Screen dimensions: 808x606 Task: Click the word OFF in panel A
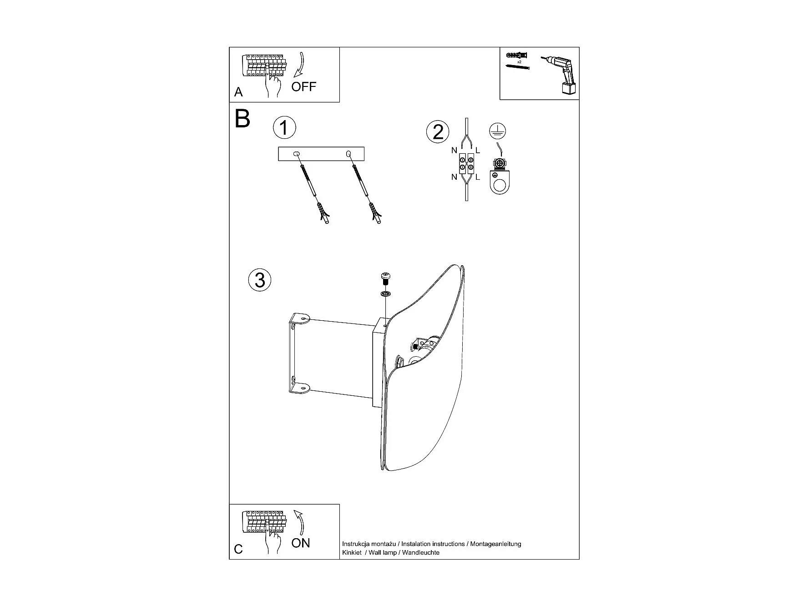pos(303,86)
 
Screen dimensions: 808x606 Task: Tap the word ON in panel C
pos(300,543)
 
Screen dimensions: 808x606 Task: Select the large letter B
pos(242,119)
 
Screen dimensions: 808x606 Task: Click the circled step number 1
pos(284,128)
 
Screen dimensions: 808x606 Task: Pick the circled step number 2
pos(437,132)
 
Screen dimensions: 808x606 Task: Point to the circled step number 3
pos(260,280)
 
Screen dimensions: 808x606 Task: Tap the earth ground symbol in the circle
pos(497,131)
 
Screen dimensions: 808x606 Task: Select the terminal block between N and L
pos(466,163)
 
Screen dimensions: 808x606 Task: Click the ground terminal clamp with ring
pos(500,178)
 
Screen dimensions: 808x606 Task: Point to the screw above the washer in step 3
pos(385,278)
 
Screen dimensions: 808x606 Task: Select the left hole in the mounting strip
pos(297,154)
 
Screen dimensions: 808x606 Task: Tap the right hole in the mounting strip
pos(348,154)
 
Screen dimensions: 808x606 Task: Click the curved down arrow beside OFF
pos(300,65)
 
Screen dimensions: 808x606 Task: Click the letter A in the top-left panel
pos(238,92)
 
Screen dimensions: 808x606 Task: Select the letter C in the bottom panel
pos(238,549)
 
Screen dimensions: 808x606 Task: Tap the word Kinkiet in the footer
pos(352,552)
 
